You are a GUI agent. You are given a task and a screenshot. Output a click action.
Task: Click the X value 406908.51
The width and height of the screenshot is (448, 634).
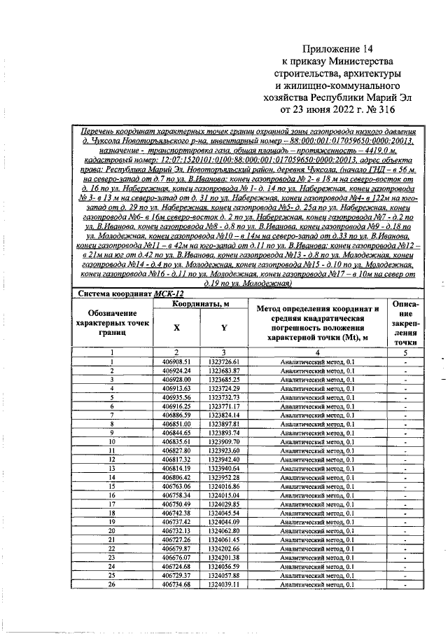[x=176, y=361]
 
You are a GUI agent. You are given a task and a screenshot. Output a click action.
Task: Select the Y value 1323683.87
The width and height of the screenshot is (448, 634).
[x=224, y=370]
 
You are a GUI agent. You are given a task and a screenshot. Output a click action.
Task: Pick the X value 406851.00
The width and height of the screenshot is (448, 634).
[x=176, y=425]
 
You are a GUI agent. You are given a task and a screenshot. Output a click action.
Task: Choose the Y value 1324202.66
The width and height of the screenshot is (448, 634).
[x=224, y=549]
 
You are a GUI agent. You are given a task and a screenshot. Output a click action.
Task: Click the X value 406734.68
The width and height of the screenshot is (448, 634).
[x=176, y=585]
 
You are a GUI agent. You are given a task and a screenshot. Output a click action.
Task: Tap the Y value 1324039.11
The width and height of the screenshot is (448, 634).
[x=224, y=585]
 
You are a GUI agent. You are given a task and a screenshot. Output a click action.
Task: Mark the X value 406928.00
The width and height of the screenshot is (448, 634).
[x=176, y=379]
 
